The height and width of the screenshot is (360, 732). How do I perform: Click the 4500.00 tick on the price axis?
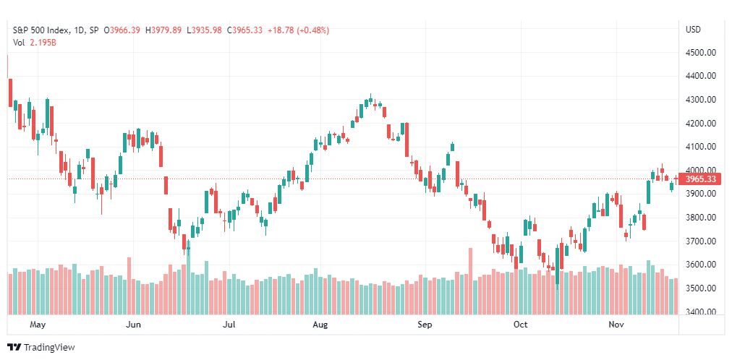point(700,53)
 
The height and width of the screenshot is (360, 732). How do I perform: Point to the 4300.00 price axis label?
point(700,100)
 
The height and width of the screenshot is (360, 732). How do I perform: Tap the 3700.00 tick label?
point(700,241)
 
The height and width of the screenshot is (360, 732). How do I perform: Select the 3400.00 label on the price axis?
point(700,312)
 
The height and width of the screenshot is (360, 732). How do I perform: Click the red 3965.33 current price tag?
point(700,179)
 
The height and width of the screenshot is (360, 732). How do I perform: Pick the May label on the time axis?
point(38,325)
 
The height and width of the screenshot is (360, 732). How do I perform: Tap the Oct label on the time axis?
point(520,325)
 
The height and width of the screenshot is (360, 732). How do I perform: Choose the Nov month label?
point(616,325)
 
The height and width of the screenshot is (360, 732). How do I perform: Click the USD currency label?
point(692,30)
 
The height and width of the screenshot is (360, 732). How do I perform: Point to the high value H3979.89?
point(164,30)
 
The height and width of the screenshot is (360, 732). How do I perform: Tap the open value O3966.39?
point(124,30)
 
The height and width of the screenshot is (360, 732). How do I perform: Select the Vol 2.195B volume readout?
point(35,42)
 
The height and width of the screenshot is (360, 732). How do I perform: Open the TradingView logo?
point(41,347)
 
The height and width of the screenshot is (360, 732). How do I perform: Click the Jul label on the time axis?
point(229,325)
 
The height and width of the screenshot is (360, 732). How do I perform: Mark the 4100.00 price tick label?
point(700,147)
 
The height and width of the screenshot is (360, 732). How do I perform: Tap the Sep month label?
point(425,325)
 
